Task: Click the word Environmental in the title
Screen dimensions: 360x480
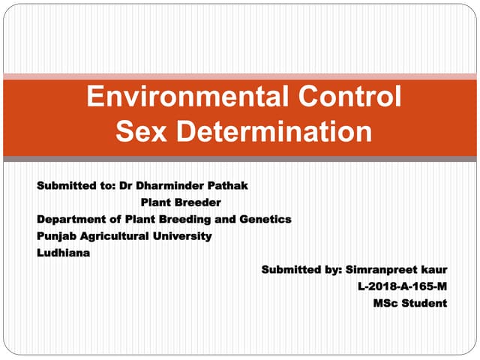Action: point(178,97)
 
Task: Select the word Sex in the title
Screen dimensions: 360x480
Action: point(140,132)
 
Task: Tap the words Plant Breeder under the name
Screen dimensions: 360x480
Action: point(181,202)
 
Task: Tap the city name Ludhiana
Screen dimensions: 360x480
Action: point(63,253)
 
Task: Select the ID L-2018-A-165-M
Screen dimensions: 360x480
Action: point(403,286)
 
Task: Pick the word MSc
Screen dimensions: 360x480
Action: point(386,304)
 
